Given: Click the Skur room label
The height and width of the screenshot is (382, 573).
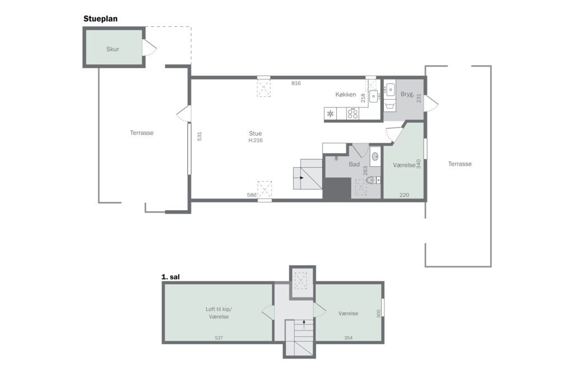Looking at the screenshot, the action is coord(112,49).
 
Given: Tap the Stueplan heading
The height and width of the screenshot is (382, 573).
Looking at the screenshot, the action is coord(101,18).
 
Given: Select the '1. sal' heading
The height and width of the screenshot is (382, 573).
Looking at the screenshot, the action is coord(170,277).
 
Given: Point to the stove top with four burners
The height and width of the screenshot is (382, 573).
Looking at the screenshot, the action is coord(353,114).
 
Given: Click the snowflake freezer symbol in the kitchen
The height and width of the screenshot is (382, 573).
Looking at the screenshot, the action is coord(330,114).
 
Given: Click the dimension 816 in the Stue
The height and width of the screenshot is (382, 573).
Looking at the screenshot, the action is coord(296,83).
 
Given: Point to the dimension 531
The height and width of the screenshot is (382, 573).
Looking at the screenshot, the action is coord(200,136).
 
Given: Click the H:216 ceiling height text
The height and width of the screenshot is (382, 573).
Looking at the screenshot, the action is coord(255,140).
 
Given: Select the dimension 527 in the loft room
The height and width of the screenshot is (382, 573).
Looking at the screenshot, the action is coord(219,338).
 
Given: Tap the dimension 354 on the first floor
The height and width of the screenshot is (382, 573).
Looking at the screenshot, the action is coord(348,338).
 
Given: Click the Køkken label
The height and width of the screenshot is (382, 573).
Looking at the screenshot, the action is coord(346,95).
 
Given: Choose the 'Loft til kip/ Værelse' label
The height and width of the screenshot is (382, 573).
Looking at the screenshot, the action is coord(219,313).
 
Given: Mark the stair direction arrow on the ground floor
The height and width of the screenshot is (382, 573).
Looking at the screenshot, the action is coord(302,178).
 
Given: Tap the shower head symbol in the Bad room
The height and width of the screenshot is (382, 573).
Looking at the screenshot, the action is coord(336,158).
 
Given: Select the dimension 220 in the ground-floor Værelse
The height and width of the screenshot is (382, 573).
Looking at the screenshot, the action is coord(404,195).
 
